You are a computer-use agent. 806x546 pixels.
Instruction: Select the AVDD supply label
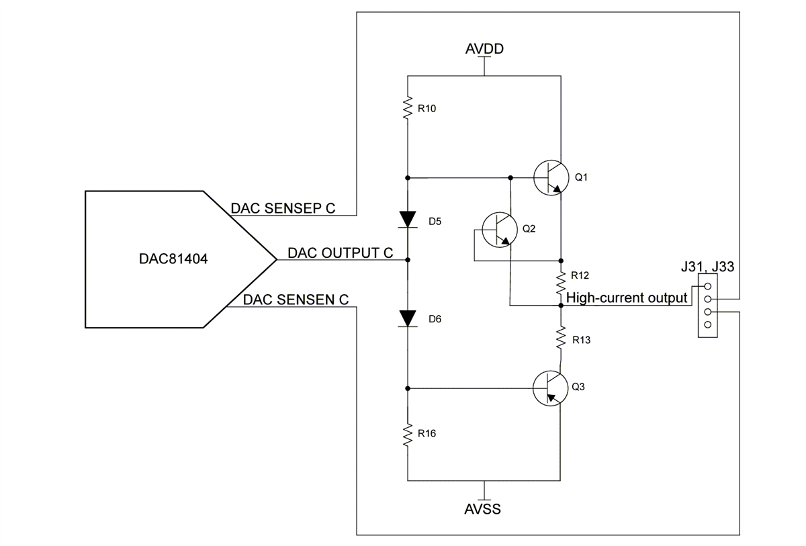[x=484, y=49]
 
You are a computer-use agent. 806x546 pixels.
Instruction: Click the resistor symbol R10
[x=408, y=107]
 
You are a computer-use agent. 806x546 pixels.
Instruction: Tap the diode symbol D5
[x=408, y=220]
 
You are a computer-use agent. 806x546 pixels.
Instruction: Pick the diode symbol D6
[x=408, y=318]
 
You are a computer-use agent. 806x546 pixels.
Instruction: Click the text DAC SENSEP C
[x=283, y=208]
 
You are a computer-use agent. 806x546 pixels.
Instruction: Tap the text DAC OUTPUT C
[x=340, y=253]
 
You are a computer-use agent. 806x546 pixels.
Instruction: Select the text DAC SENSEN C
[x=296, y=300]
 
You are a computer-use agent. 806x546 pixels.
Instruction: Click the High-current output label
[x=627, y=298]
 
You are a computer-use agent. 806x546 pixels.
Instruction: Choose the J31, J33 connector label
[x=707, y=267]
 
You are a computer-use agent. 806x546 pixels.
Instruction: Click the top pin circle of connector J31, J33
[x=707, y=287]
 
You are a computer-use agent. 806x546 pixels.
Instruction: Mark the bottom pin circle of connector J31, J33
[x=707, y=325]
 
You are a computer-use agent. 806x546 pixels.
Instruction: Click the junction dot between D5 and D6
[x=408, y=259]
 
